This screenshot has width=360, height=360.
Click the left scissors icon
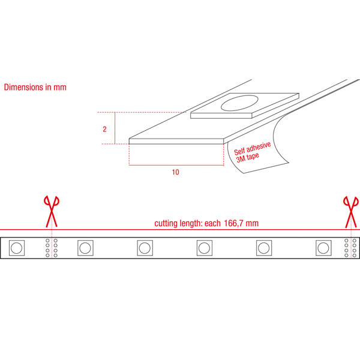coord(52,211)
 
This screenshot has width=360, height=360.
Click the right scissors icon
coord(351,212)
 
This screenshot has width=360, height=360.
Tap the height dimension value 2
coord(104,129)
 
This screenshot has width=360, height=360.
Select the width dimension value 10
coord(176,172)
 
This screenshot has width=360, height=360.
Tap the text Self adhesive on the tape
coord(253,149)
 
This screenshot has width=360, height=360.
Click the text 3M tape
coord(247,157)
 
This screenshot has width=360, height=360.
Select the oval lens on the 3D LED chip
coord(239,103)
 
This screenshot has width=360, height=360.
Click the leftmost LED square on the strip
coord(17,248)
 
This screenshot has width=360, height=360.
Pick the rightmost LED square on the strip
coord(323,248)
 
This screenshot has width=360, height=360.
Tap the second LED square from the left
coord(85,248)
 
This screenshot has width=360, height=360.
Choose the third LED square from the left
coord(145,248)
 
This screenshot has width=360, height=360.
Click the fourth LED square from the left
coord(205,248)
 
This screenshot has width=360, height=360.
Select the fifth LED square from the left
coord(264,248)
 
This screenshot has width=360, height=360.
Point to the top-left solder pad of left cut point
coord(47,241)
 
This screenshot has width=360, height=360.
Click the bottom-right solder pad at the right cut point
coord(355,256)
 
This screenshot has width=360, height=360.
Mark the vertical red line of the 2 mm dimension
coord(115,128)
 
